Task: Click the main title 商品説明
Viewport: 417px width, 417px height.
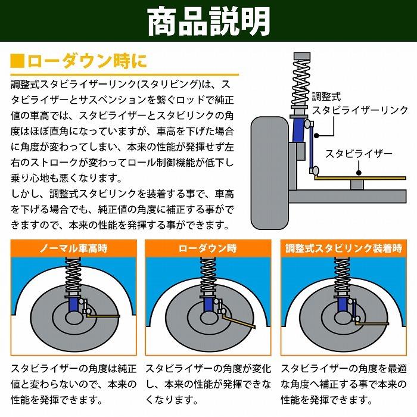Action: click(208, 22)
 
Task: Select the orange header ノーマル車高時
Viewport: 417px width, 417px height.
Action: click(74, 248)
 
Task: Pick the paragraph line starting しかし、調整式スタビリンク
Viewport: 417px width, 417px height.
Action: click(119, 194)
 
